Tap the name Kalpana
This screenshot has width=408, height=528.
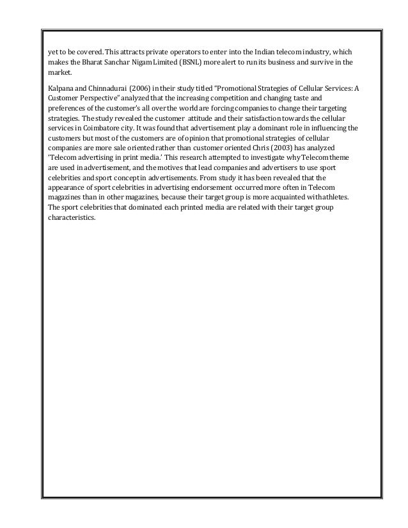click(x=61, y=88)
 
